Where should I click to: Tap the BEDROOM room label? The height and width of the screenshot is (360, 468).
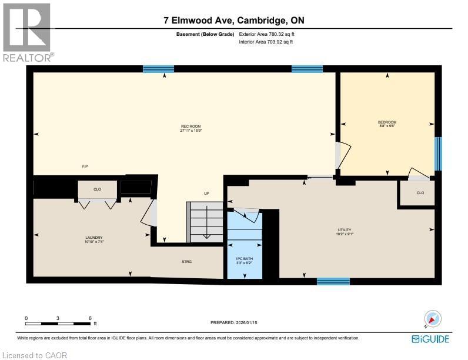pyautogui.click(x=387, y=124)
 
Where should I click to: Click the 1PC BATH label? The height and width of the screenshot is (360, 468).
pyautogui.click(x=244, y=261)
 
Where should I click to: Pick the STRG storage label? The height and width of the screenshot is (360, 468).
pyautogui.click(x=187, y=261)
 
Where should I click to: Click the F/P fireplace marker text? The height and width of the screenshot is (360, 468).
pyautogui.click(x=85, y=166)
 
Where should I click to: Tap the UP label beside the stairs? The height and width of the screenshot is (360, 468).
pyautogui.click(x=206, y=193)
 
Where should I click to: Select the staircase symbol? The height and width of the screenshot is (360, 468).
pyautogui.click(x=206, y=221)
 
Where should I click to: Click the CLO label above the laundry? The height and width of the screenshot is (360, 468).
pyautogui.click(x=98, y=189)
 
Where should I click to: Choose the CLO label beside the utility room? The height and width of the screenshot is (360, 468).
pyautogui.click(x=420, y=192)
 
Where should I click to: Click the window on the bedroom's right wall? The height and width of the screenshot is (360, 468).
pyautogui.click(x=437, y=154)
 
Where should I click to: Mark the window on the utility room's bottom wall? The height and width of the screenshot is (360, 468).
pyautogui.click(x=333, y=282)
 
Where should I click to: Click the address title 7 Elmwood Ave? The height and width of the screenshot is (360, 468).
pyautogui.click(x=234, y=21)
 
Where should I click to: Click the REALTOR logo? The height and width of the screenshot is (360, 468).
pyautogui.click(x=28, y=32)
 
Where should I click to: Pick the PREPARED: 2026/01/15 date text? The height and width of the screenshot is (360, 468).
pyautogui.click(x=233, y=322)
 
